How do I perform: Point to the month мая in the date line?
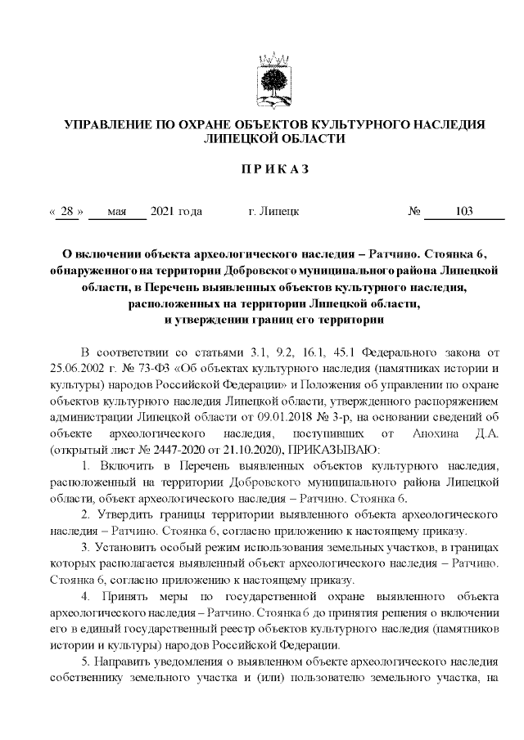116,212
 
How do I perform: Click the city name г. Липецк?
273,212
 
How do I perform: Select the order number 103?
464,212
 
